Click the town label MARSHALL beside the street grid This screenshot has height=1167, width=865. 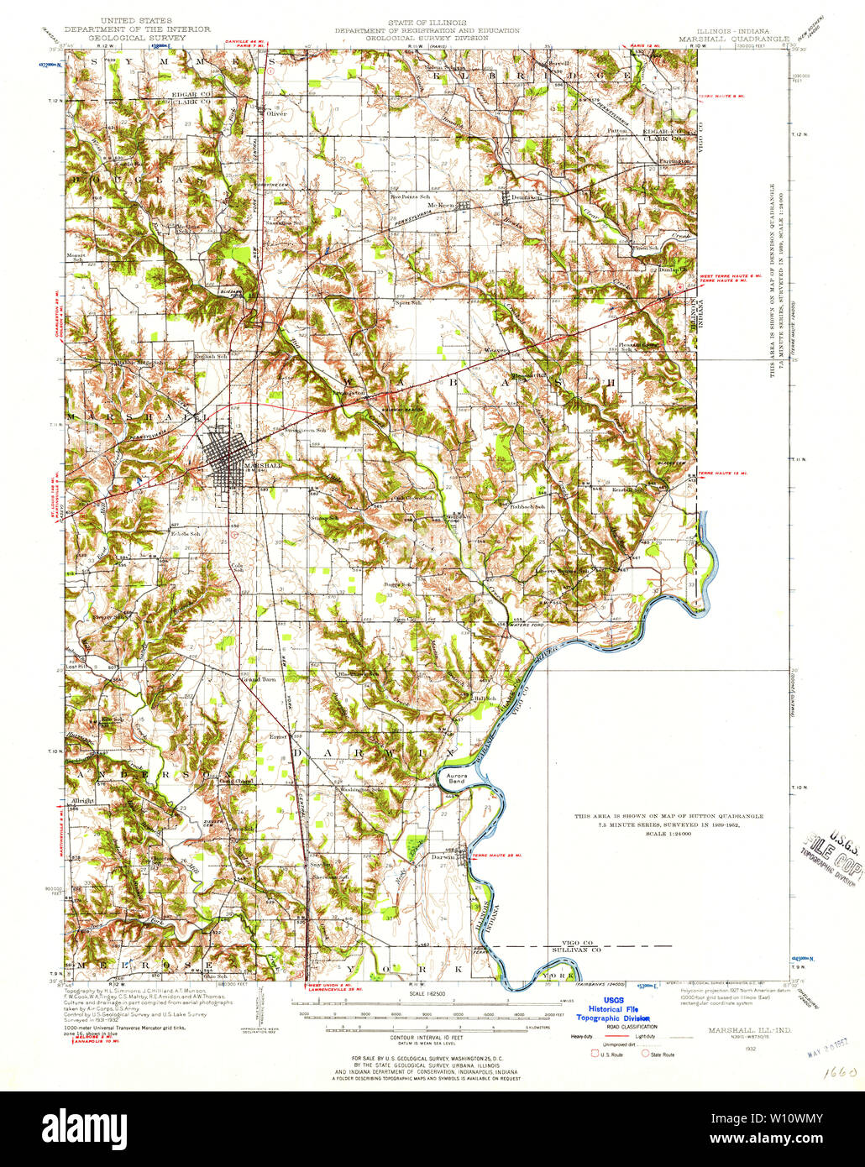[x=262, y=465]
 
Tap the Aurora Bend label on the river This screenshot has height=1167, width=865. [x=456, y=777]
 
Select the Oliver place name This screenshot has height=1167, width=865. [x=276, y=114]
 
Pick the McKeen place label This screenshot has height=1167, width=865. [x=440, y=206]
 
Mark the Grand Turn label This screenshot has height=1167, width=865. [x=259, y=679]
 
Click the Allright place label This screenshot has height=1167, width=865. [x=83, y=801]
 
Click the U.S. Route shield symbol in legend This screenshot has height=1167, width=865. [x=596, y=1054]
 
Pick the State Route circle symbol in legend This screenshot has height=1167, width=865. [x=646, y=1054]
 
